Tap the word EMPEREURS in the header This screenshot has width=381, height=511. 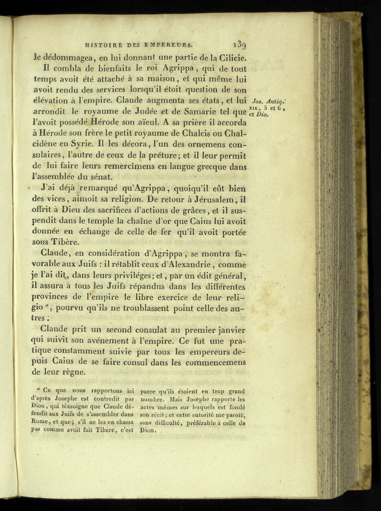(x=172, y=44)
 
